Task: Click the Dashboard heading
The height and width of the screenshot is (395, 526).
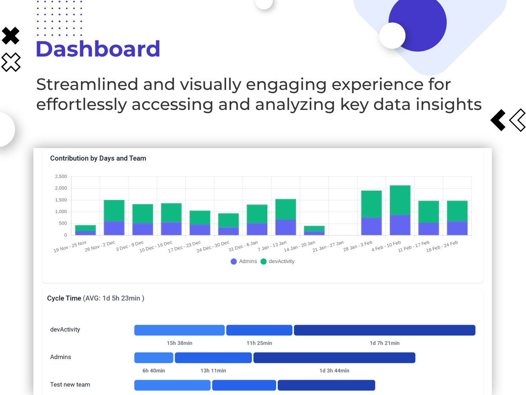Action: tap(98, 49)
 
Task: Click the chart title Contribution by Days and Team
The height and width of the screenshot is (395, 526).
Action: tap(98, 158)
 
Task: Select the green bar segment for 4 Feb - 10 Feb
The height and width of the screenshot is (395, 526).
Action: tap(400, 200)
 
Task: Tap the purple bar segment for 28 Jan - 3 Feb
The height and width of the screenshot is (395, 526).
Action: tap(371, 226)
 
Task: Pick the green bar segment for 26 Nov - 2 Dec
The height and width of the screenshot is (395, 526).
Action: tap(114, 210)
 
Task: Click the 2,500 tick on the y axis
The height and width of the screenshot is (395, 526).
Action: tap(61, 177)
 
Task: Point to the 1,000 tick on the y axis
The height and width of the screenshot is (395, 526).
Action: tap(61, 212)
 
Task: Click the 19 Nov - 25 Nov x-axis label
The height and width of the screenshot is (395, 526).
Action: tap(70, 247)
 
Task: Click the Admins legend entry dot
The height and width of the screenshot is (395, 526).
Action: tap(234, 262)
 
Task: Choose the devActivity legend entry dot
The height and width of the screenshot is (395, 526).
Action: tap(263, 262)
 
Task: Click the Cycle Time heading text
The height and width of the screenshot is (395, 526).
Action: tap(64, 298)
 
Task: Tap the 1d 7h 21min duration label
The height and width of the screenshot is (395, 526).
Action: tap(384, 343)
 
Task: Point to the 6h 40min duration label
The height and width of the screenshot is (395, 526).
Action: tap(153, 371)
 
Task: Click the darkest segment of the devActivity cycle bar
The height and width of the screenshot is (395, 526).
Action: tap(384, 330)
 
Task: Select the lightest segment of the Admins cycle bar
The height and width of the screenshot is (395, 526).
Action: tap(153, 358)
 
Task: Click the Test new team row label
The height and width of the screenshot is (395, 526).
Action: tap(70, 385)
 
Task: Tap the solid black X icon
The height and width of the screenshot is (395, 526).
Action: tap(11, 36)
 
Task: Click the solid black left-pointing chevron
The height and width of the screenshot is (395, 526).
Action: tap(499, 120)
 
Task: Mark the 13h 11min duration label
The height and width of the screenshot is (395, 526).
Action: tap(213, 371)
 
